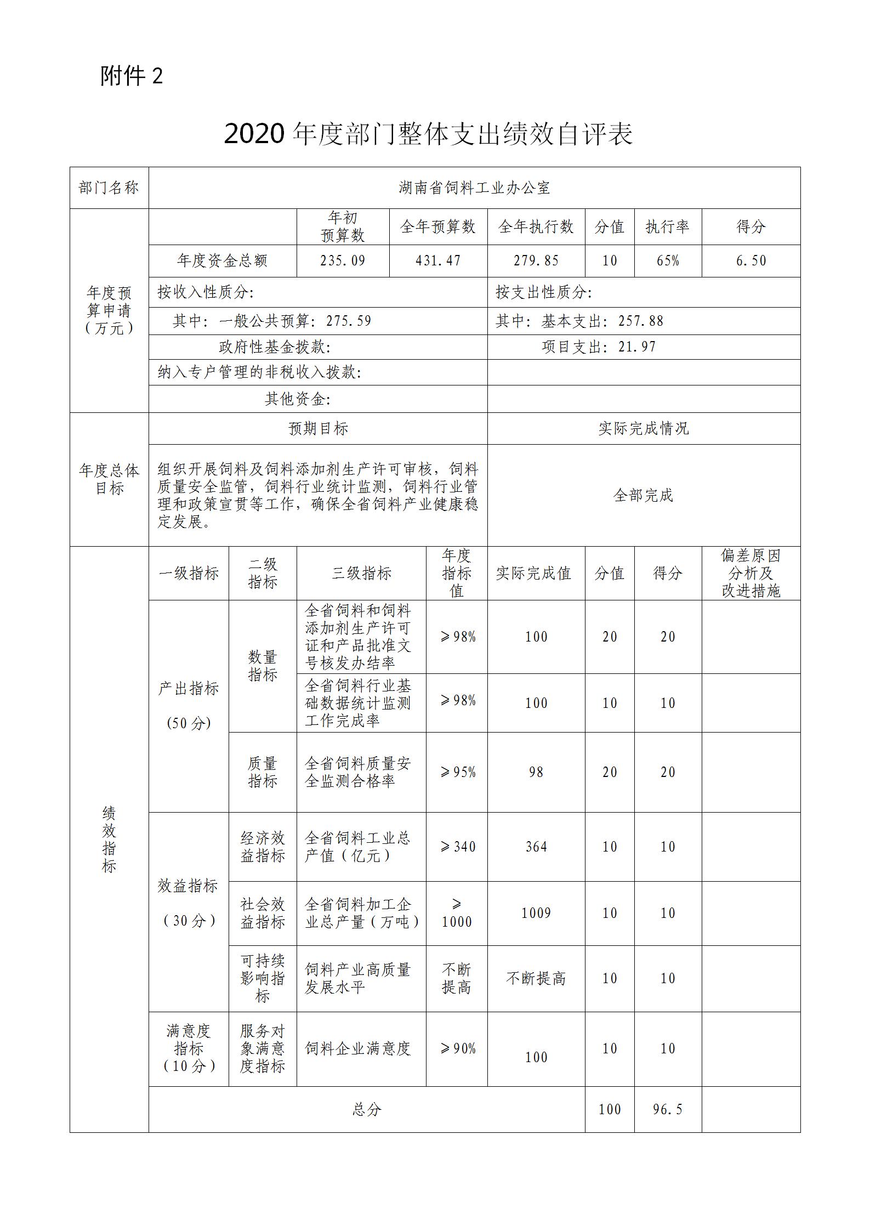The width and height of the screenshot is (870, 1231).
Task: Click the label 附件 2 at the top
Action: [132, 76]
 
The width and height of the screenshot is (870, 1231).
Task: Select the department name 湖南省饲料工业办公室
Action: [474, 188]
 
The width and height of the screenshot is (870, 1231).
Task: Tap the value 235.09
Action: [343, 260]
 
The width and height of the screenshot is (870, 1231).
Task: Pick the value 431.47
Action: [438, 260]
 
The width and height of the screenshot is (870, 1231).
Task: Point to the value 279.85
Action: [536, 260]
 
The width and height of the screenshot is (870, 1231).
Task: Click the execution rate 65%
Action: [668, 260]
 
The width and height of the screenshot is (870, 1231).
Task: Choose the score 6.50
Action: [750, 260]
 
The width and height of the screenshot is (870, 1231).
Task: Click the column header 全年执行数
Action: [536, 226]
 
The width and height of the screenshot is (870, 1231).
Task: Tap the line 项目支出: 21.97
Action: [599, 347]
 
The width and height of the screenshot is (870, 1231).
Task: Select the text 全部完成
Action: [643, 495]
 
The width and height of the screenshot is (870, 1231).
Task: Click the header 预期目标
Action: [318, 428]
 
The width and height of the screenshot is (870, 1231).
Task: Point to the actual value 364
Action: [536, 847]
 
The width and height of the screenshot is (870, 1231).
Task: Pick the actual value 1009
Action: [536, 913]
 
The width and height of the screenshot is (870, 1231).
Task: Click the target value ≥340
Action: [457, 847]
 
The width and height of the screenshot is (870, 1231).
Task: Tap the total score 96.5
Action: [668, 1109]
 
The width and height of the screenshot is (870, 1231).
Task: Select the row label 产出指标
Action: [188, 689]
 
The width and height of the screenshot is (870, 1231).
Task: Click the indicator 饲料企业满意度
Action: [357, 1049]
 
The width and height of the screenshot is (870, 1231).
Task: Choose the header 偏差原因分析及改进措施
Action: [750, 573]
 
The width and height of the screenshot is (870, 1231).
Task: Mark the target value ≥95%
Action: [457, 772]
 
